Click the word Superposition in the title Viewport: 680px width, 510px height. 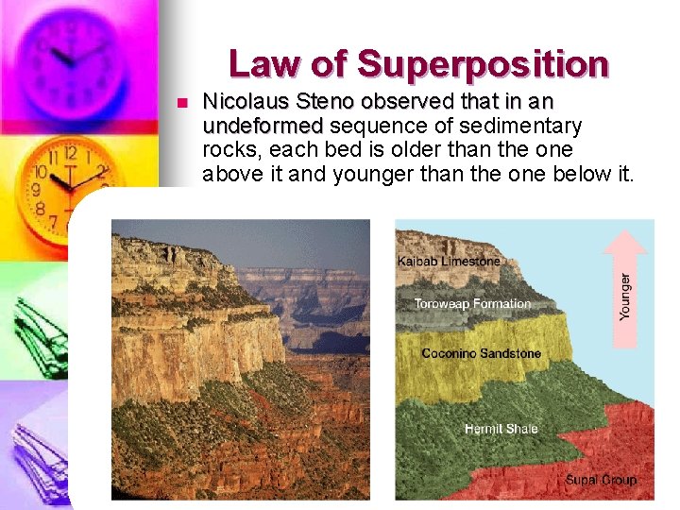[x=483, y=65]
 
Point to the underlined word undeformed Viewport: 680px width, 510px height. [x=263, y=126]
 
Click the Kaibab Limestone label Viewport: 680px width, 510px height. [x=449, y=261]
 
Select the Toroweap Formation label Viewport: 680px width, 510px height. [x=472, y=304]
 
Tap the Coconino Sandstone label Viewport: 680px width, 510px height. [x=482, y=353]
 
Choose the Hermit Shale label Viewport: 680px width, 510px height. [x=501, y=429]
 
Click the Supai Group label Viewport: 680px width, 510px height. [x=601, y=480]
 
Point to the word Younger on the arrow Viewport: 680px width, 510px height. [x=625, y=297]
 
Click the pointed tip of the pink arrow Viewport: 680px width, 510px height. [x=625, y=233]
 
